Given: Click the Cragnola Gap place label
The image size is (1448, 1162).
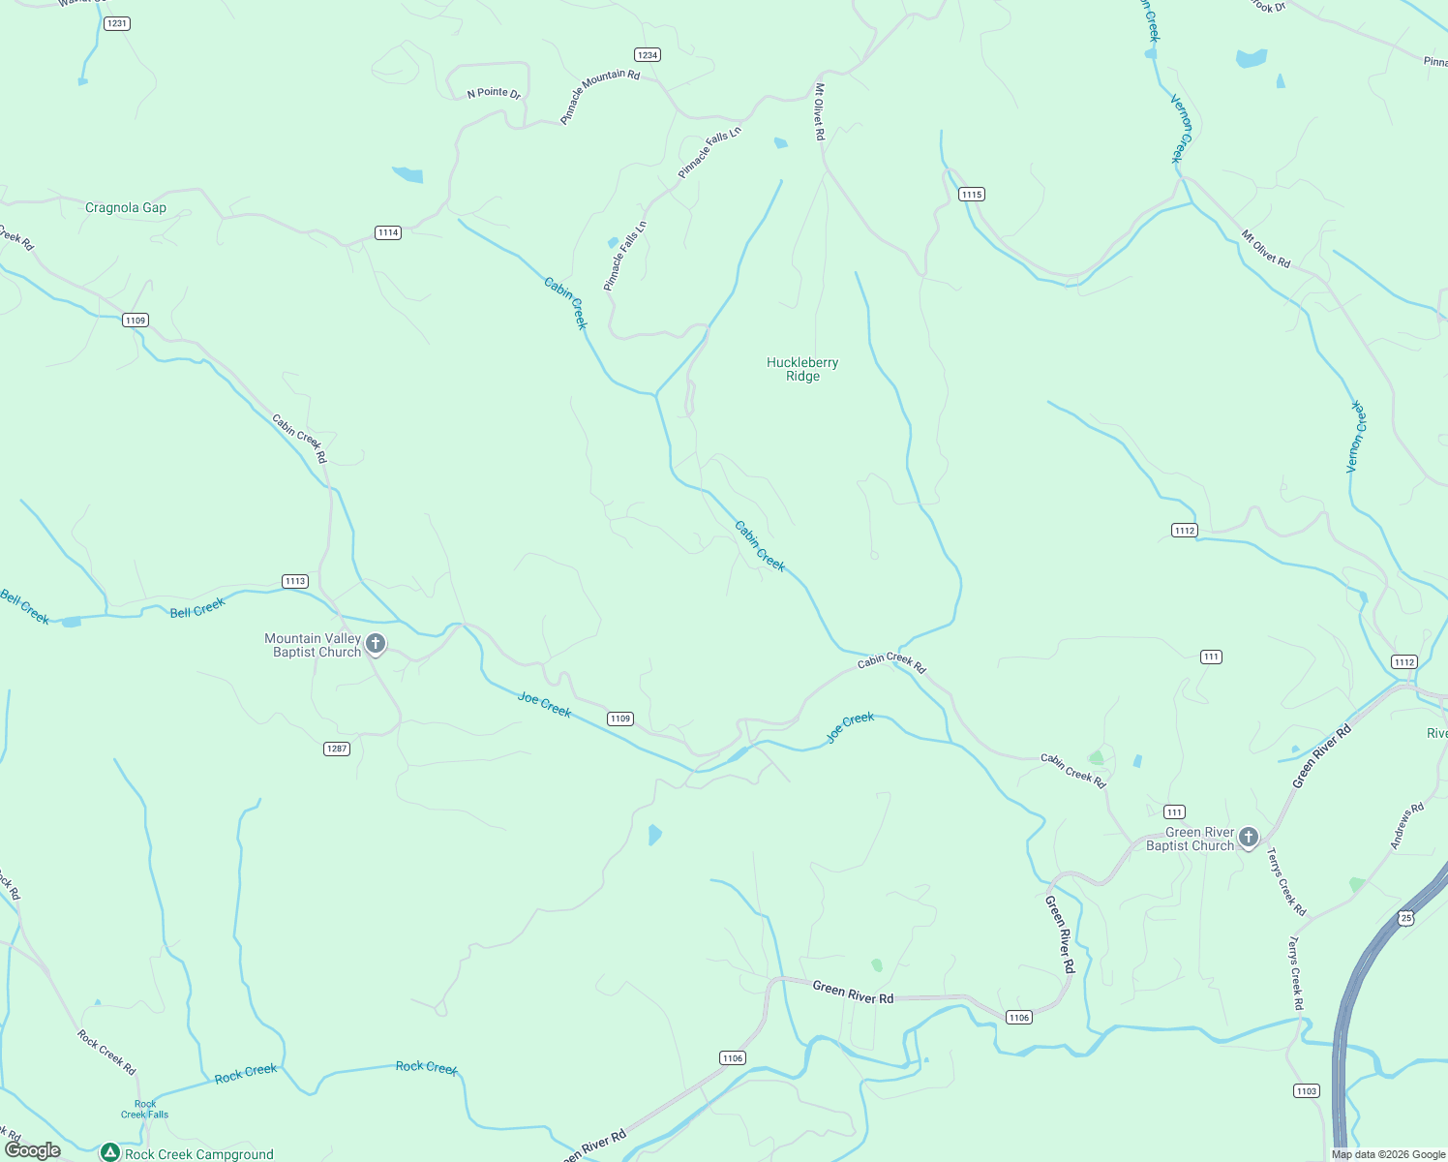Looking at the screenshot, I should tap(126, 208).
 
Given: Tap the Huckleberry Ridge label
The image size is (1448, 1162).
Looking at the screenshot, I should tap(802, 369).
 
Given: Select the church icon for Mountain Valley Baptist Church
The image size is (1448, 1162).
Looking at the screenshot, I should tap(376, 643).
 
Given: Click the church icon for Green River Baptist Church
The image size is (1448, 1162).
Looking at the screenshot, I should tap(1249, 837).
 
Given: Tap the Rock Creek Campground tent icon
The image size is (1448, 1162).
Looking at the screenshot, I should tap(110, 1152).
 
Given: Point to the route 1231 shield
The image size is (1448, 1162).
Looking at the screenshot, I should tap(117, 23).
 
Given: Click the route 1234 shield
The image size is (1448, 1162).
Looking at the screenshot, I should tap(648, 55).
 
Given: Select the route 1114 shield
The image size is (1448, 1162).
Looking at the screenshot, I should tap(388, 232).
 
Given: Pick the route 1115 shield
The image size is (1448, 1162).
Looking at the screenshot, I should tap(972, 195).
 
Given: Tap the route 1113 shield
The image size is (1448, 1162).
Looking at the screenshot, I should tap(295, 581).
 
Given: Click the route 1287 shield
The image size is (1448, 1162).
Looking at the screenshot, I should tap(336, 749).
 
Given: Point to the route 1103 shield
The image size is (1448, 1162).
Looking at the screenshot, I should tap(1306, 1091).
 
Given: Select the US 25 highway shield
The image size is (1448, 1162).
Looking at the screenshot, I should tap(1406, 917).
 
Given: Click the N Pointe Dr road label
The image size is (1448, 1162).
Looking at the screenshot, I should tap(494, 93).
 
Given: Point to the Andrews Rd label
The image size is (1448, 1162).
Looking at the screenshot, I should tap(1407, 826).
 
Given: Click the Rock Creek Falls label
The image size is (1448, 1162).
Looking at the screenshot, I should tap(145, 1109).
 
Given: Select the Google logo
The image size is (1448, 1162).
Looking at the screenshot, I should tap(33, 1150).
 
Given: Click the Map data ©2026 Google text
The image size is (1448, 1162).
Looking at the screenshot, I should tap(1388, 1154).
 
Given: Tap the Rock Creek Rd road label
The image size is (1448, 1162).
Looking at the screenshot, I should tap(106, 1052).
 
